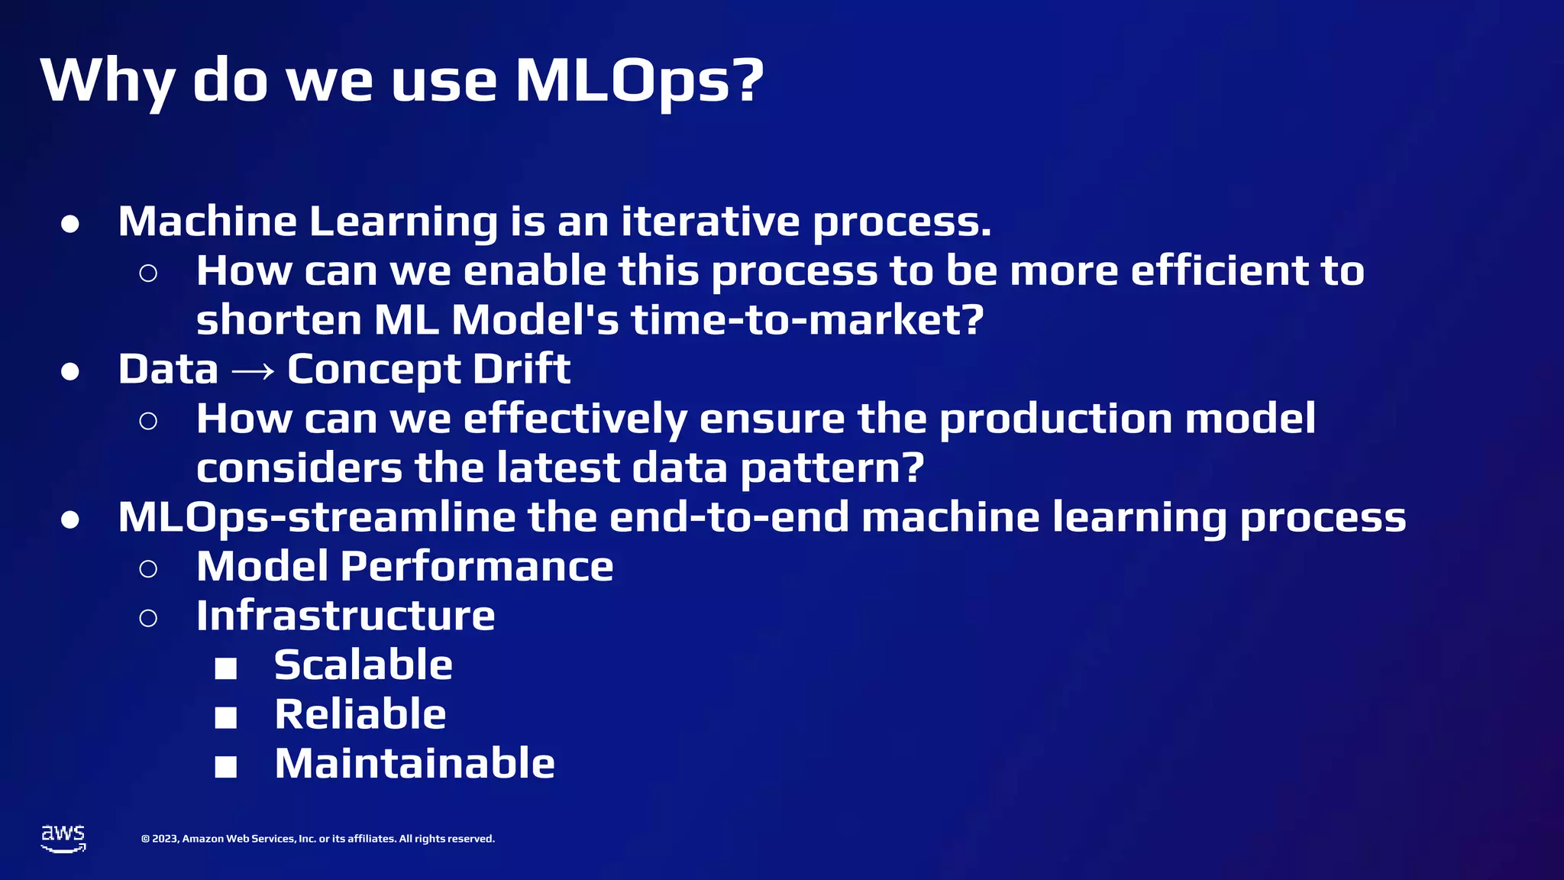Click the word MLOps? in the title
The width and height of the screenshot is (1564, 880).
pos(640,81)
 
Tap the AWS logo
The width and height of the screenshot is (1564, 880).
pos(63,838)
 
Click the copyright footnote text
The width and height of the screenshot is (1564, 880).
pos(318,839)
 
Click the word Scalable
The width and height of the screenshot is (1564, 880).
pos(363,665)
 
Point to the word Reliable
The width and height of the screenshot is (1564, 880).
pos(360,714)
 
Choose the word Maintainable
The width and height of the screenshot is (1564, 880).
pos(414,763)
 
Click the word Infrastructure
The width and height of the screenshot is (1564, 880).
pos(345,616)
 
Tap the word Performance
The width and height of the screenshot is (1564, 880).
pos(477,567)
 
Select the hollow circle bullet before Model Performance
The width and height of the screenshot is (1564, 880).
pos(148,568)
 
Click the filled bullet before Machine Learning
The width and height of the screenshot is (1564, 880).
pos(70,224)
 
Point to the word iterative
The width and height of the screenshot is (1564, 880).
pos(710,222)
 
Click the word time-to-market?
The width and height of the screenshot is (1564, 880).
pos(807,319)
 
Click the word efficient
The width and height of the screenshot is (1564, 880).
pos(1220,270)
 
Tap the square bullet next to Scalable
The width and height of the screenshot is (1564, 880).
pos(226,668)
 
